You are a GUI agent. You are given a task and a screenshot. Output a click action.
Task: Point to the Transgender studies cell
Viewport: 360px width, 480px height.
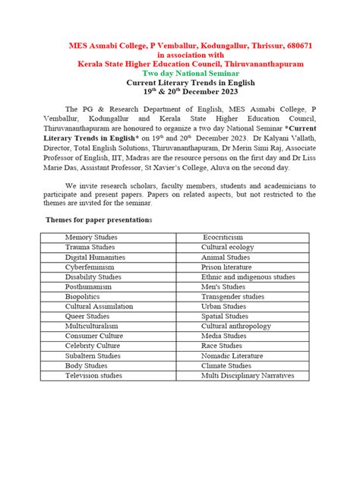coord(232,297)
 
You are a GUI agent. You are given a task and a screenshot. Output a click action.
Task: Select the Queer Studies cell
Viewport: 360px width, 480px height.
coord(87,316)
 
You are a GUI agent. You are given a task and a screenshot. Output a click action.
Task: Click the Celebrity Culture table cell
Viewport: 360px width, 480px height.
coord(93,346)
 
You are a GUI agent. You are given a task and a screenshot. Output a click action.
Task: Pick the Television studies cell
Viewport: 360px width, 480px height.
coord(93,375)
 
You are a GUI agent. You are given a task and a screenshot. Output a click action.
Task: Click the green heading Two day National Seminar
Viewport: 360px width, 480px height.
coord(180,74)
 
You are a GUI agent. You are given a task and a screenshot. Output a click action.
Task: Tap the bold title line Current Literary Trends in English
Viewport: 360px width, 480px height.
coord(180,83)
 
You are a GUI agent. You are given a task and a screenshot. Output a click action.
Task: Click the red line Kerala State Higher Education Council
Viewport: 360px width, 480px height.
coord(180,65)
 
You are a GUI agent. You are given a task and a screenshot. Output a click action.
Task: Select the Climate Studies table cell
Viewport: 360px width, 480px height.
coord(226,365)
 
